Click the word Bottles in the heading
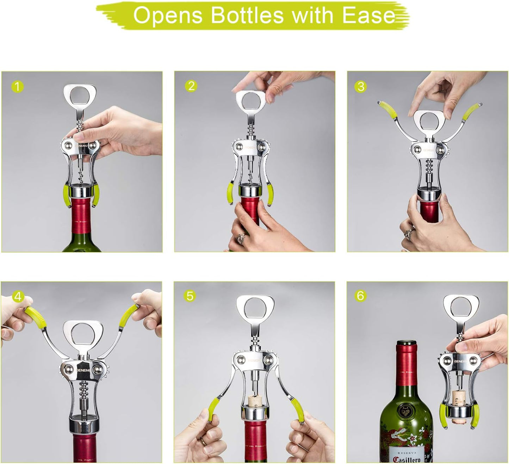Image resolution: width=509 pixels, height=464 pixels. pyautogui.click(x=247, y=15)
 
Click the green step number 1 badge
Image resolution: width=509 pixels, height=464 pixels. pyautogui.click(x=17, y=86)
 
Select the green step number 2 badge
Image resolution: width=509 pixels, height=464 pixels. pyautogui.click(x=191, y=86)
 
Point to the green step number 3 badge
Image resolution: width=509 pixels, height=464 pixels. pyautogui.click(x=361, y=86)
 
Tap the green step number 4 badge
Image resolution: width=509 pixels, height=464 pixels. pyautogui.click(x=18, y=296)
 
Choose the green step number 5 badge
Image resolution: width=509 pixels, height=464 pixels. pyautogui.click(x=190, y=296)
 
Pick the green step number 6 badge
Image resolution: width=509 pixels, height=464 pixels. pyautogui.click(x=360, y=295)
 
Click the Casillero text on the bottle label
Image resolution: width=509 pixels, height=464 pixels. pyautogui.click(x=406, y=459)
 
